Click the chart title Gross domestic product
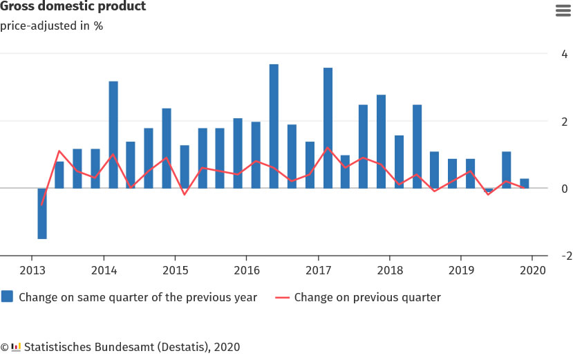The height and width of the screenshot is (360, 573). (x=73, y=7)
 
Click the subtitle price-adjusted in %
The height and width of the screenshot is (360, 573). (x=51, y=27)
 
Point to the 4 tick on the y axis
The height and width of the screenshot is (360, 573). (x=565, y=54)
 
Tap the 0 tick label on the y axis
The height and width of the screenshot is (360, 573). (x=565, y=189)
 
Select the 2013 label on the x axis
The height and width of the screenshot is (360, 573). (x=32, y=270)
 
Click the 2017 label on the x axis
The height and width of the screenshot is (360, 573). (x=318, y=270)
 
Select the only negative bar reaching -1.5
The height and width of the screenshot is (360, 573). (x=42, y=214)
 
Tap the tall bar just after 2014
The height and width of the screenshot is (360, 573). (x=113, y=135)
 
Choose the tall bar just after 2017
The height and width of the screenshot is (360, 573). (x=328, y=128)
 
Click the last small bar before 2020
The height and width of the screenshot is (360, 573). (x=525, y=183)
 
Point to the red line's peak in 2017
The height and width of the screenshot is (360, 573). (x=328, y=148)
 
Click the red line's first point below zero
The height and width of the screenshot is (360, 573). (x=42, y=205)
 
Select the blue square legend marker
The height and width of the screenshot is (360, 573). (x=8, y=297)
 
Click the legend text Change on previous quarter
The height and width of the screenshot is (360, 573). (x=367, y=298)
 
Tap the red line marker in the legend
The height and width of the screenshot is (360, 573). (x=282, y=298)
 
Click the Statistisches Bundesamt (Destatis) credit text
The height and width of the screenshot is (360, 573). (x=131, y=347)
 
